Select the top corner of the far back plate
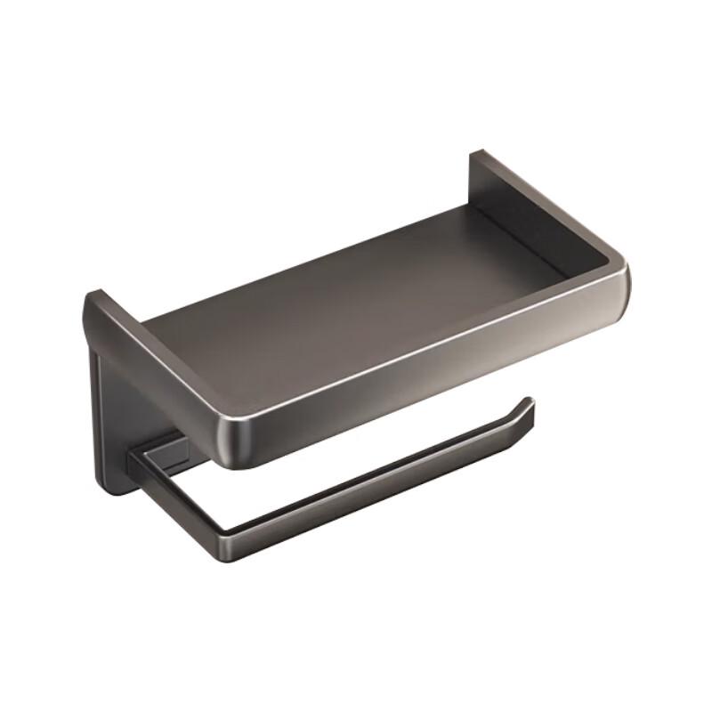(475, 153)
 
